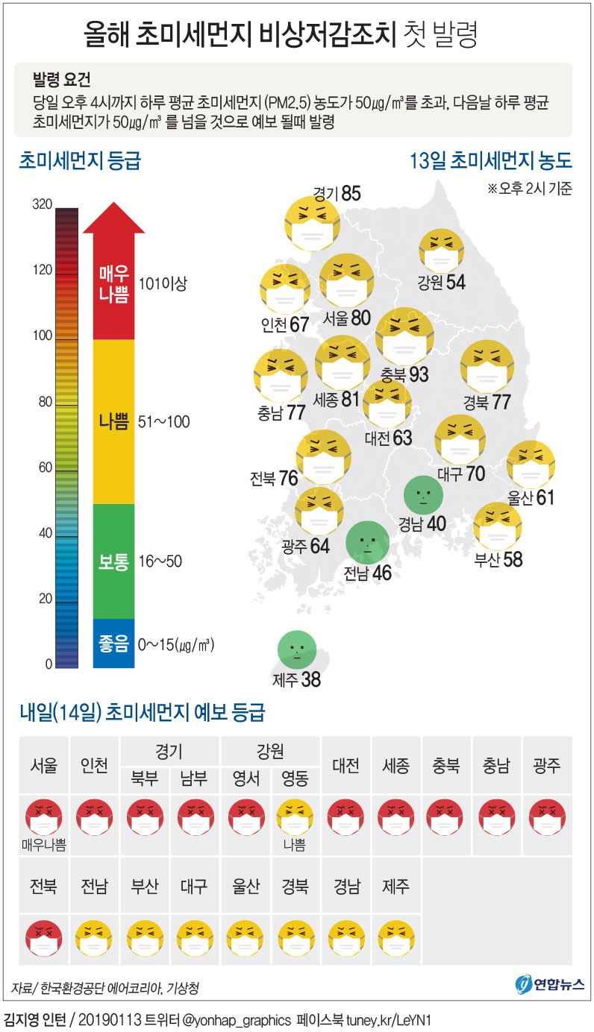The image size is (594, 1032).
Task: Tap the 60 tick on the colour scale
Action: pos(43,468)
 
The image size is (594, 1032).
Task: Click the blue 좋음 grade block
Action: pos(113,643)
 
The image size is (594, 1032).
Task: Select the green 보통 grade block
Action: pos(113,561)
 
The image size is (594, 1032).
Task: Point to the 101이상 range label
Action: pos(163,283)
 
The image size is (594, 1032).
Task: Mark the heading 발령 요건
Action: pos(62,79)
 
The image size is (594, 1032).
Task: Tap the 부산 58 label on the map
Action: pos(498,559)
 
